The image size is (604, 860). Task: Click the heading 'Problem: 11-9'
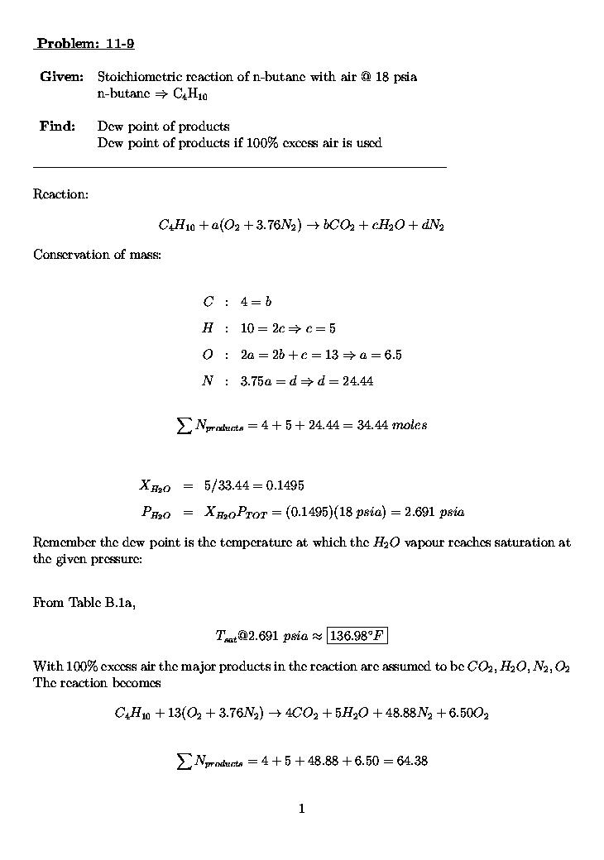tap(85, 44)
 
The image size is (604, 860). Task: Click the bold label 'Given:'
tap(61, 77)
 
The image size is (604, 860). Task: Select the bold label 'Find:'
tap(57, 127)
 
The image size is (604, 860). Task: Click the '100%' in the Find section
tap(263, 143)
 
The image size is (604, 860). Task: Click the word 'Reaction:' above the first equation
tap(60, 194)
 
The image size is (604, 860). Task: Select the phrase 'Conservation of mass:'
tap(97, 255)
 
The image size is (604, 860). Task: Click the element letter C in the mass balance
tap(208, 302)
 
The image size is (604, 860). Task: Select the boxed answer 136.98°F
tap(357, 636)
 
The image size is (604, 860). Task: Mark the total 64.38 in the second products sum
tap(412, 761)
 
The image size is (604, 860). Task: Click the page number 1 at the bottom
tap(302, 809)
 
